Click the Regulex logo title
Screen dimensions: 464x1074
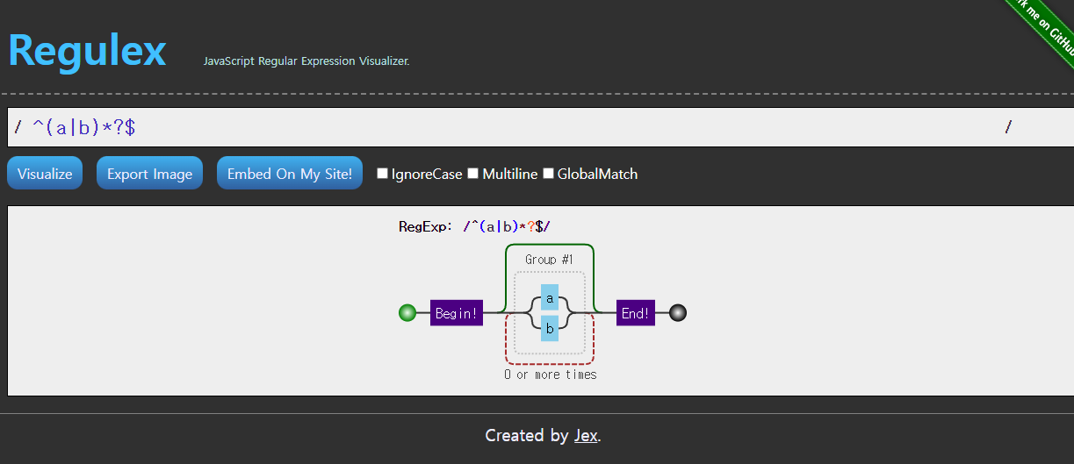[x=87, y=50]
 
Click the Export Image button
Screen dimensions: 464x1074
[x=149, y=174]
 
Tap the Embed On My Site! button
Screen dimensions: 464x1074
[x=289, y=174]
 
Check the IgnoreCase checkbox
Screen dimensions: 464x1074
[x=382, y=174]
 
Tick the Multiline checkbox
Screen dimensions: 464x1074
[x=473, y=174]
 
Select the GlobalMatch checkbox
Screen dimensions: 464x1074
[x=548, y=174]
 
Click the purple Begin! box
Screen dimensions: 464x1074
[x=457, y=313]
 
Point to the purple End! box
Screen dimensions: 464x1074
[x=636, y=313]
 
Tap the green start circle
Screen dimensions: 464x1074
[x=407, y=313]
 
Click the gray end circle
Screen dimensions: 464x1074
[x=678, y=313]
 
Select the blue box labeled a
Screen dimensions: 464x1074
[x=550, y=298]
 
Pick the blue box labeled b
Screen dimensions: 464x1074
[x=550, y=329]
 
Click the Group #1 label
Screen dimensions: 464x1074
[x=549, y=260]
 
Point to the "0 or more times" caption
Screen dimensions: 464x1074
[x=551, y=375]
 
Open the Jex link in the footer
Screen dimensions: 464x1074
[x=586, y=436]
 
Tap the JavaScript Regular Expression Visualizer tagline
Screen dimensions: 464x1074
[x=306, y=61]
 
